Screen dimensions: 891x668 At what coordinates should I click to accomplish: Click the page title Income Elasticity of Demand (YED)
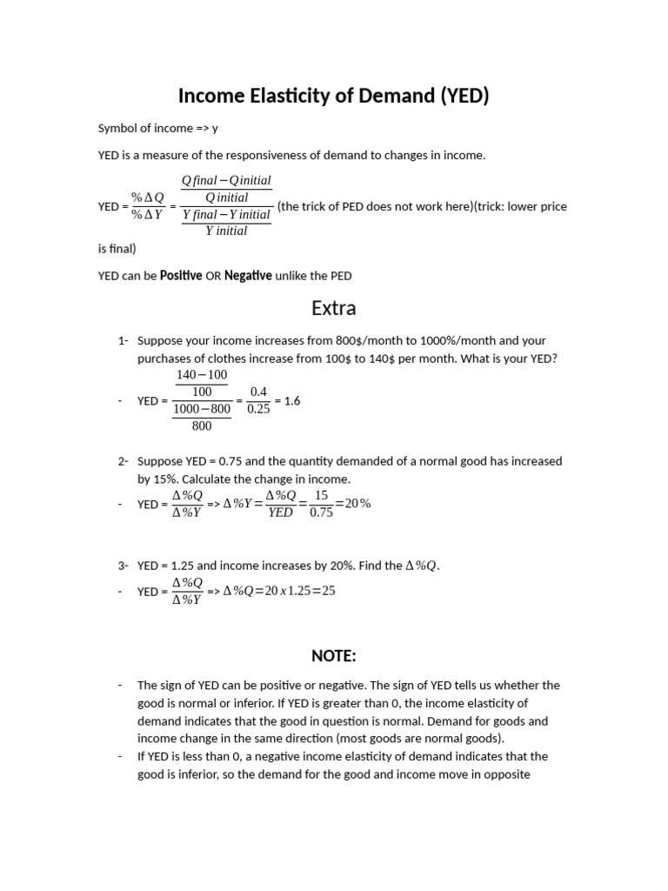click(334, 96)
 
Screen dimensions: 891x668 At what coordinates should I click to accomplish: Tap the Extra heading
click(334, 309)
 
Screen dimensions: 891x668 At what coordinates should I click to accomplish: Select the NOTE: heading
click(334, 655)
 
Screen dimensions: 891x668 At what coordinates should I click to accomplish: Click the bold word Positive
click(181, 276)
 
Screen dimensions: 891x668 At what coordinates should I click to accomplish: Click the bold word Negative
click(248, 276)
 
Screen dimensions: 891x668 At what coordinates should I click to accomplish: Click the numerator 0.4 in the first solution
click(258, 392)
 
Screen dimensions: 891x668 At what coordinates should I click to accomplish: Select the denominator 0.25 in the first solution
click(258, 410)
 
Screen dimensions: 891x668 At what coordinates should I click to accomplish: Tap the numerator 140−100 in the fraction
click(202, 375)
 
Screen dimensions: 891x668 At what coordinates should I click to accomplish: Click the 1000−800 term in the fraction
click(202, 409)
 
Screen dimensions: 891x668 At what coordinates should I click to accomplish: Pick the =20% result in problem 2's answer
click(352, 503)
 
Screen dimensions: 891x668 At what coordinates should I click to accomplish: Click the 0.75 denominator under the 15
click(321, 512)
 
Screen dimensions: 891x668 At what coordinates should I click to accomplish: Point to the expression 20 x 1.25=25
click(294, 591)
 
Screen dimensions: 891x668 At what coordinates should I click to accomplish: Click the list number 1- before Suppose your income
click(123, 341)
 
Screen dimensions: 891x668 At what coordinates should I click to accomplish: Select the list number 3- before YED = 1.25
click(123, 566)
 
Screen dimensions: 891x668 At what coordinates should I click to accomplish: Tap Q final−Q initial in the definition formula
click(226, 181)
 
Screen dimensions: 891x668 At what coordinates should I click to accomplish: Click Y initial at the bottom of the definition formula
click(226, 231)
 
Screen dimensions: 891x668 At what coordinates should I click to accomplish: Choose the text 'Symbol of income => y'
click(158, 129)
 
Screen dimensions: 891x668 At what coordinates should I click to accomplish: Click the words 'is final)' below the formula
click(117, 249)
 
